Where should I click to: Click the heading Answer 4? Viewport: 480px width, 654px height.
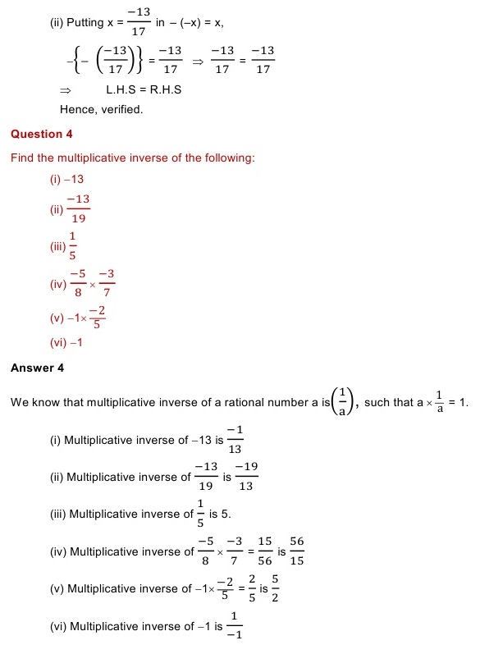tap(37, 368)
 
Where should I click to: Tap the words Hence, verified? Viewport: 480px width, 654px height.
tap(102, 109)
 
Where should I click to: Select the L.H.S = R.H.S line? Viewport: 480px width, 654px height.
tap(144, 89)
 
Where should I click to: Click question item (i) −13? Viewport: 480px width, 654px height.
tap(67, 178)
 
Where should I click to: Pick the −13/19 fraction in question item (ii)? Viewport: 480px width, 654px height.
tap(78, 209)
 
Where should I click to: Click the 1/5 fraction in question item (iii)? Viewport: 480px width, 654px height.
tap(73, 246)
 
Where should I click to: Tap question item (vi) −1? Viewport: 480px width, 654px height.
tap(66, 343)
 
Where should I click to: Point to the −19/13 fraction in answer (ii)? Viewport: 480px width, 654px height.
tap(246, 477)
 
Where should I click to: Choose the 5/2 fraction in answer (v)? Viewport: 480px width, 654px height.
tap(274, 588)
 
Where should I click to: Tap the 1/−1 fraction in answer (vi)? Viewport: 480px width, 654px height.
tap(233, 625)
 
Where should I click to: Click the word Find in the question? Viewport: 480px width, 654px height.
tap(21, 158)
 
